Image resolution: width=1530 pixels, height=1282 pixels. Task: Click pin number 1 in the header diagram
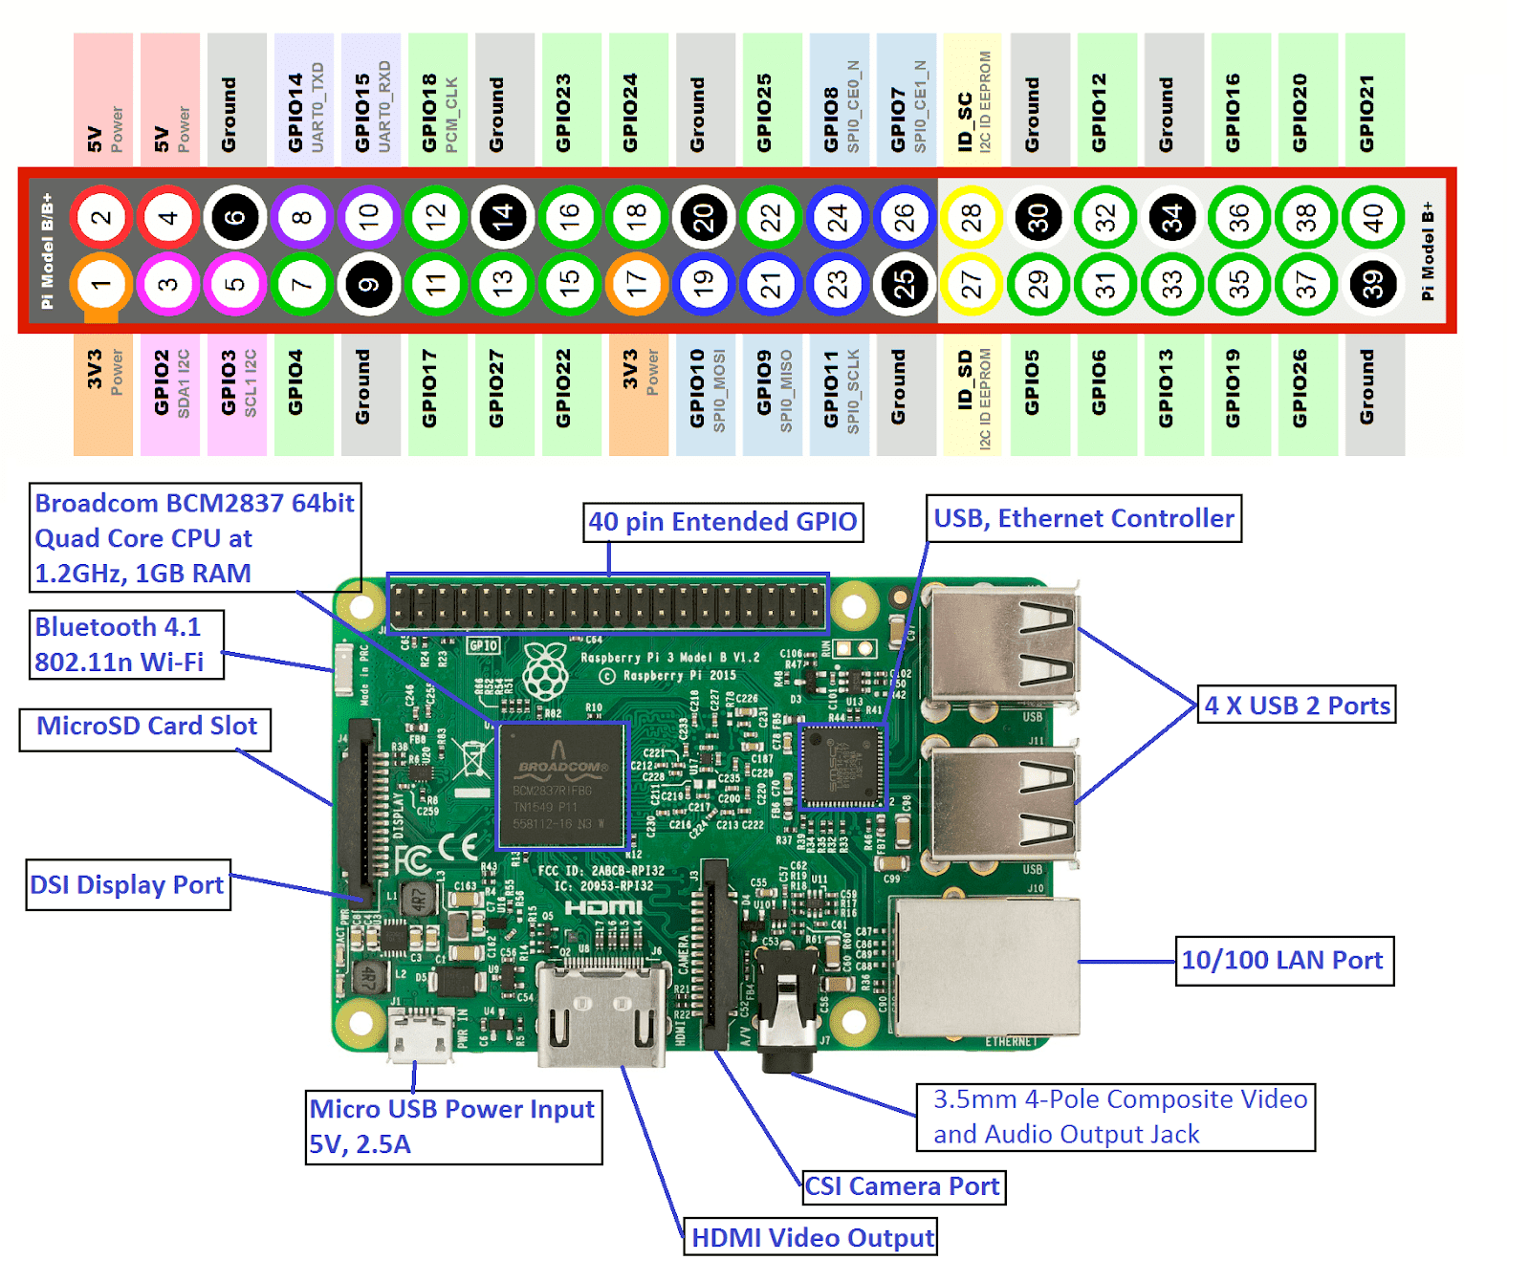point(100,284)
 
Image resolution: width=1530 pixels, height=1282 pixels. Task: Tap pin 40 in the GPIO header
point(1373,218)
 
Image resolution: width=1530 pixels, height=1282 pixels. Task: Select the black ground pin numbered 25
point(904,284)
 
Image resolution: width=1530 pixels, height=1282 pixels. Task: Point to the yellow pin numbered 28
point(972,218)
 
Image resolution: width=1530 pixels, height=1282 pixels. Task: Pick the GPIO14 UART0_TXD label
point(304,105)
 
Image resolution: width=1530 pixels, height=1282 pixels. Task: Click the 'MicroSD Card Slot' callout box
point(145,727)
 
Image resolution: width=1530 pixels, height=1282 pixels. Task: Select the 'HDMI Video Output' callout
point(811,1237)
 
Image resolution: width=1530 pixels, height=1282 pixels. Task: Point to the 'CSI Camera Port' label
point(903,1186)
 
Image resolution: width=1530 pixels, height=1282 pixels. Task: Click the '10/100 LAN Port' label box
point(1283,960)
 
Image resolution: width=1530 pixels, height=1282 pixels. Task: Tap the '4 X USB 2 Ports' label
point(1296,706)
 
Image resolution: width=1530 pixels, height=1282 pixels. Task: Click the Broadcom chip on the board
point(561,786)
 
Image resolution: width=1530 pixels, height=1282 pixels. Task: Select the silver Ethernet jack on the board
point(985,967)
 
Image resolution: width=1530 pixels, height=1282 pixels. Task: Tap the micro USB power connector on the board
point(421,1034)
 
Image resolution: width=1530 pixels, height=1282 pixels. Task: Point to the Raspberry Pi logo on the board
point(545,670)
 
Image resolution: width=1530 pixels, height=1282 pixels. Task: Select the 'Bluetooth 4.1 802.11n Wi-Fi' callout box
point(126,644)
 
